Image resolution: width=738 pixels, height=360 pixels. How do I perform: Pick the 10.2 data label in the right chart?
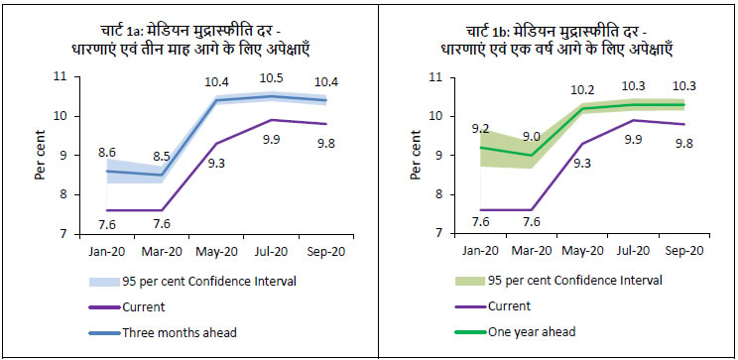(584, 89)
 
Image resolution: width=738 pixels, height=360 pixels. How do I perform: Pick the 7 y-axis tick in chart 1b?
(430, 234)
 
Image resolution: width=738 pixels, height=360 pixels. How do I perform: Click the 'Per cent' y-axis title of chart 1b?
(404, 155)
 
